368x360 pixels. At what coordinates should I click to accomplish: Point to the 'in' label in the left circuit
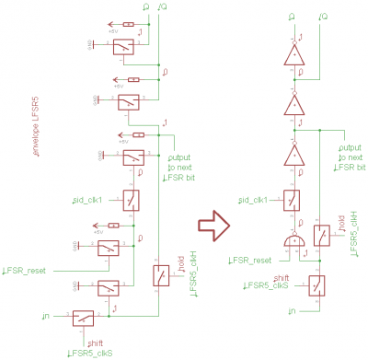(x=46, y=317)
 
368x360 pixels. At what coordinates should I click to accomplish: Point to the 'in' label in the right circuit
(x=293, y=312)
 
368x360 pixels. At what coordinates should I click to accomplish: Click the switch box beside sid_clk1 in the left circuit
(x=131, y=200)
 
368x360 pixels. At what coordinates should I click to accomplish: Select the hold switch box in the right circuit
(x=322, y=236)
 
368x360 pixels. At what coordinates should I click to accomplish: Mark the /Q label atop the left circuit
(x=163, y=7)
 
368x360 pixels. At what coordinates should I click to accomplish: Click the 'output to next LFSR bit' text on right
(x=352, y=157)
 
